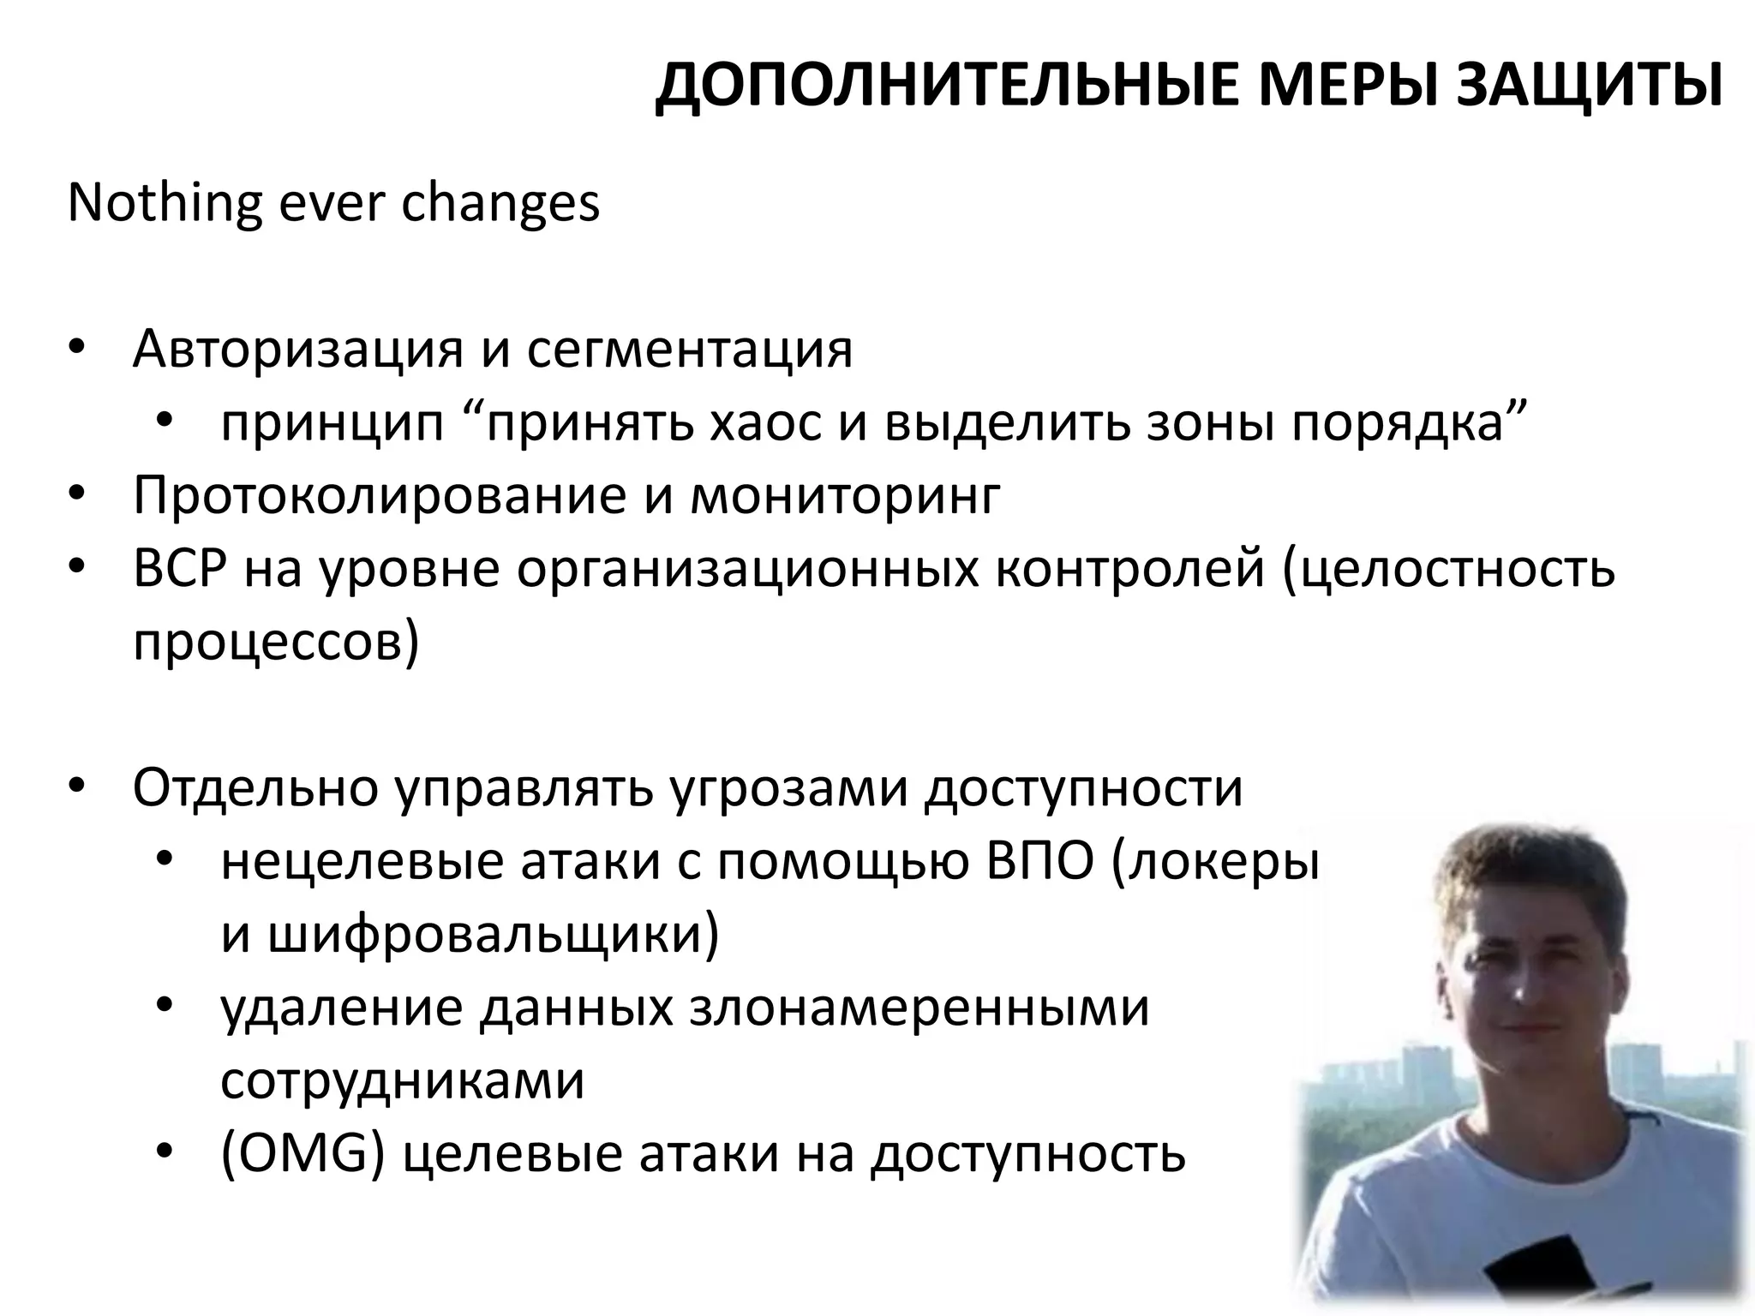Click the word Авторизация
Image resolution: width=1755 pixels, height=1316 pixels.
tap(298, 350)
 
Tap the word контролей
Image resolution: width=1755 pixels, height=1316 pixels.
tap(1130, 570)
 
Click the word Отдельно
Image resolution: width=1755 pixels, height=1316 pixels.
tap(255, 788)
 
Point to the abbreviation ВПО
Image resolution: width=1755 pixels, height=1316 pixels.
tap(1039, 862)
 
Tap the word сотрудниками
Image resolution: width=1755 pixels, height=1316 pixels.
tap(403, 1081)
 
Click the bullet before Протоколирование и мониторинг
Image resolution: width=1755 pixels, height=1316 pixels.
tap(76, 496)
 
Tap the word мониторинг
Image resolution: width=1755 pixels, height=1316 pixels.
tap(845, 496)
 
